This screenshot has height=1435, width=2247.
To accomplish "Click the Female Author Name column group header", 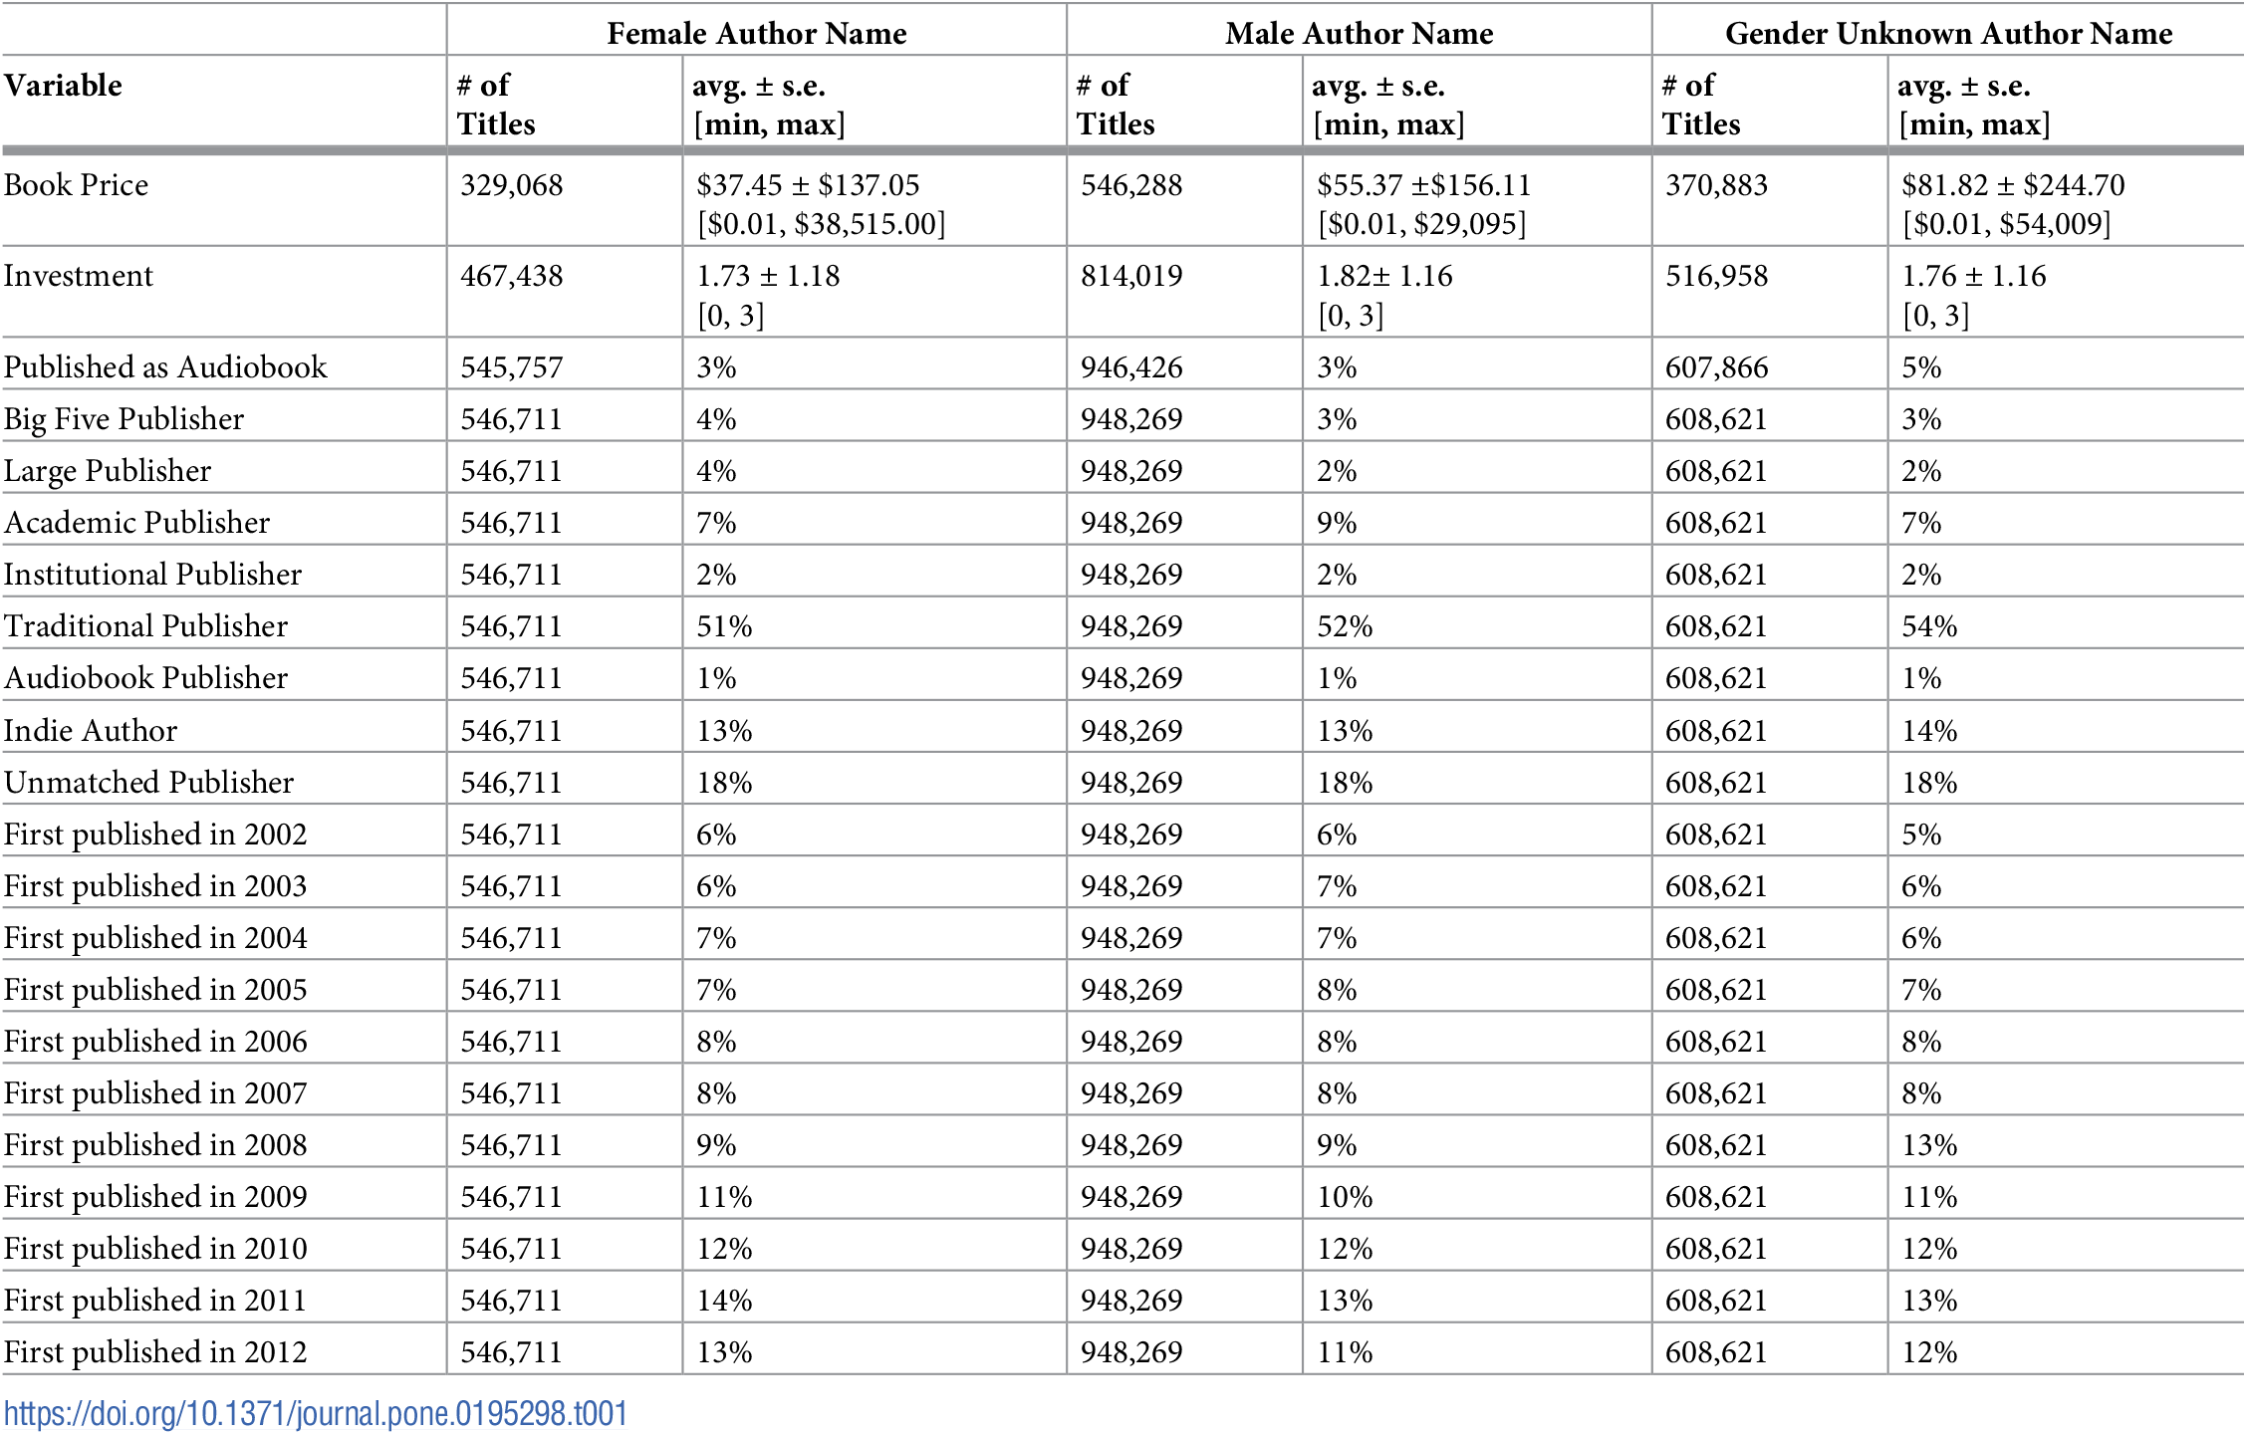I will pos(756,34).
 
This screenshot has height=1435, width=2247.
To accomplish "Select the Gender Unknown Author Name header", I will pos(1948,34).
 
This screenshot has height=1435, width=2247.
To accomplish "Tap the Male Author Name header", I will pos(1359,34).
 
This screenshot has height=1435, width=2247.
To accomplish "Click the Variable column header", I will pos(64,86).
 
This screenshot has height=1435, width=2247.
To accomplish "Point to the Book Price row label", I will pos(76,185).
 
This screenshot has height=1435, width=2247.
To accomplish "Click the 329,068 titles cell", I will pos(511,185).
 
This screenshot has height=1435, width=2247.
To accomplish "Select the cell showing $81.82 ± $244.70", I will pos(2012,185).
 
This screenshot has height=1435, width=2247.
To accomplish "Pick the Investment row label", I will pos(79,276).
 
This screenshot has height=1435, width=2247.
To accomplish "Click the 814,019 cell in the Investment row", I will pos(1131,276).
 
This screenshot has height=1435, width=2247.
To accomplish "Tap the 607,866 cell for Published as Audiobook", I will pos(1716,367).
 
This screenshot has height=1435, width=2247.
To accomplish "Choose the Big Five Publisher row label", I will pos(124,419).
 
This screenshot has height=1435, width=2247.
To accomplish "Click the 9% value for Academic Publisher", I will pos(1337,523).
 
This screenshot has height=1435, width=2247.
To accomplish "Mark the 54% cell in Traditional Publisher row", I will pos(1929,626).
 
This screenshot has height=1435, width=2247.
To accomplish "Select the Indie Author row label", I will pos(91,731).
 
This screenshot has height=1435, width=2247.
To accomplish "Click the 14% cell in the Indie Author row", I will pos(1929,731).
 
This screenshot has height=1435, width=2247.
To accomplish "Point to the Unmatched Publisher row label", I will pos(149,783).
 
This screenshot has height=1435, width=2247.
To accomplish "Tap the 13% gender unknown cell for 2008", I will pos(1929,1145).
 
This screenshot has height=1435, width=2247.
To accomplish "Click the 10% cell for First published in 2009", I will pos(1345,1197).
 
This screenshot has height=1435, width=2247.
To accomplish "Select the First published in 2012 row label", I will pos(155,1352).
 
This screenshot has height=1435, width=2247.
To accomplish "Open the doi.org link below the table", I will pos(316,1414).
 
